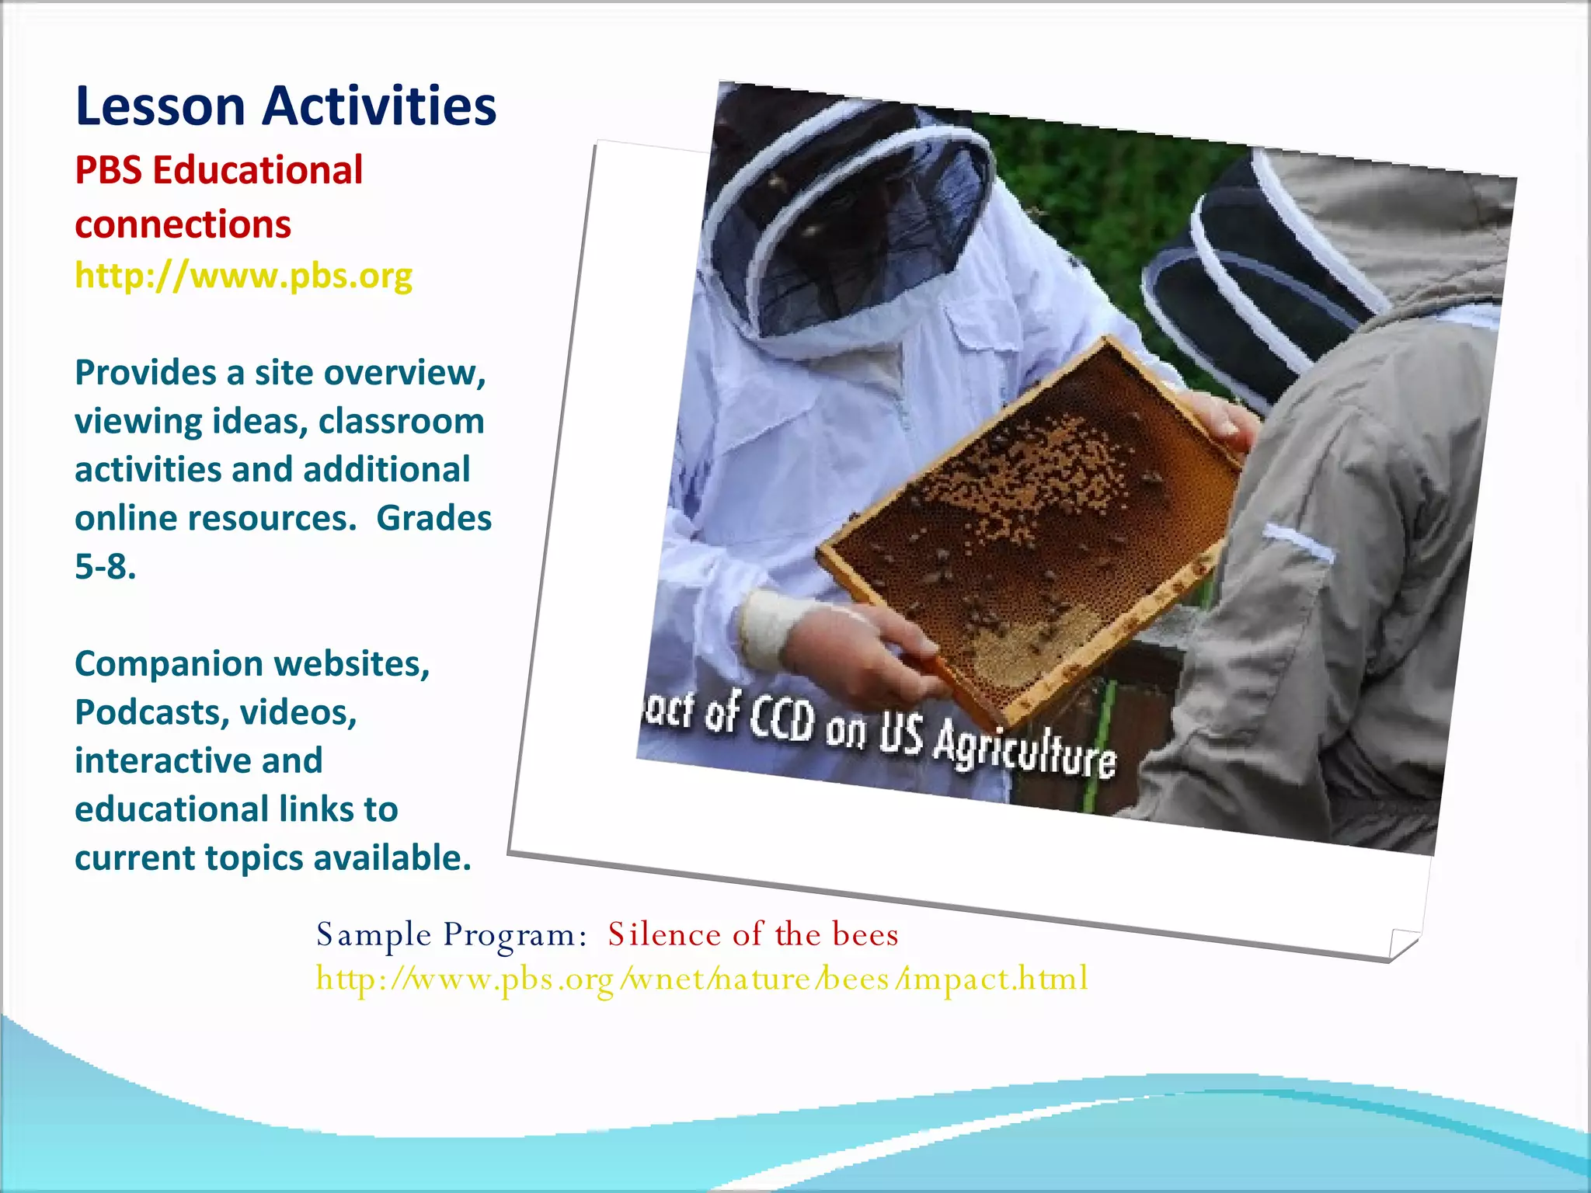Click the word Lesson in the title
point(160,106)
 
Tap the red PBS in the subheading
point(108,171)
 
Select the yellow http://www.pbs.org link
point(243,276)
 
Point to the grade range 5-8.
point(105,567)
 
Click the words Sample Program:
point(451,934)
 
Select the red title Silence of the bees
point(752,934)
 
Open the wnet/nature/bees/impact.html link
point(702,979)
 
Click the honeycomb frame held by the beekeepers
point(1025,528)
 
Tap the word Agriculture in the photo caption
point(1024,750)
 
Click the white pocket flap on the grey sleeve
point(1297,542)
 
